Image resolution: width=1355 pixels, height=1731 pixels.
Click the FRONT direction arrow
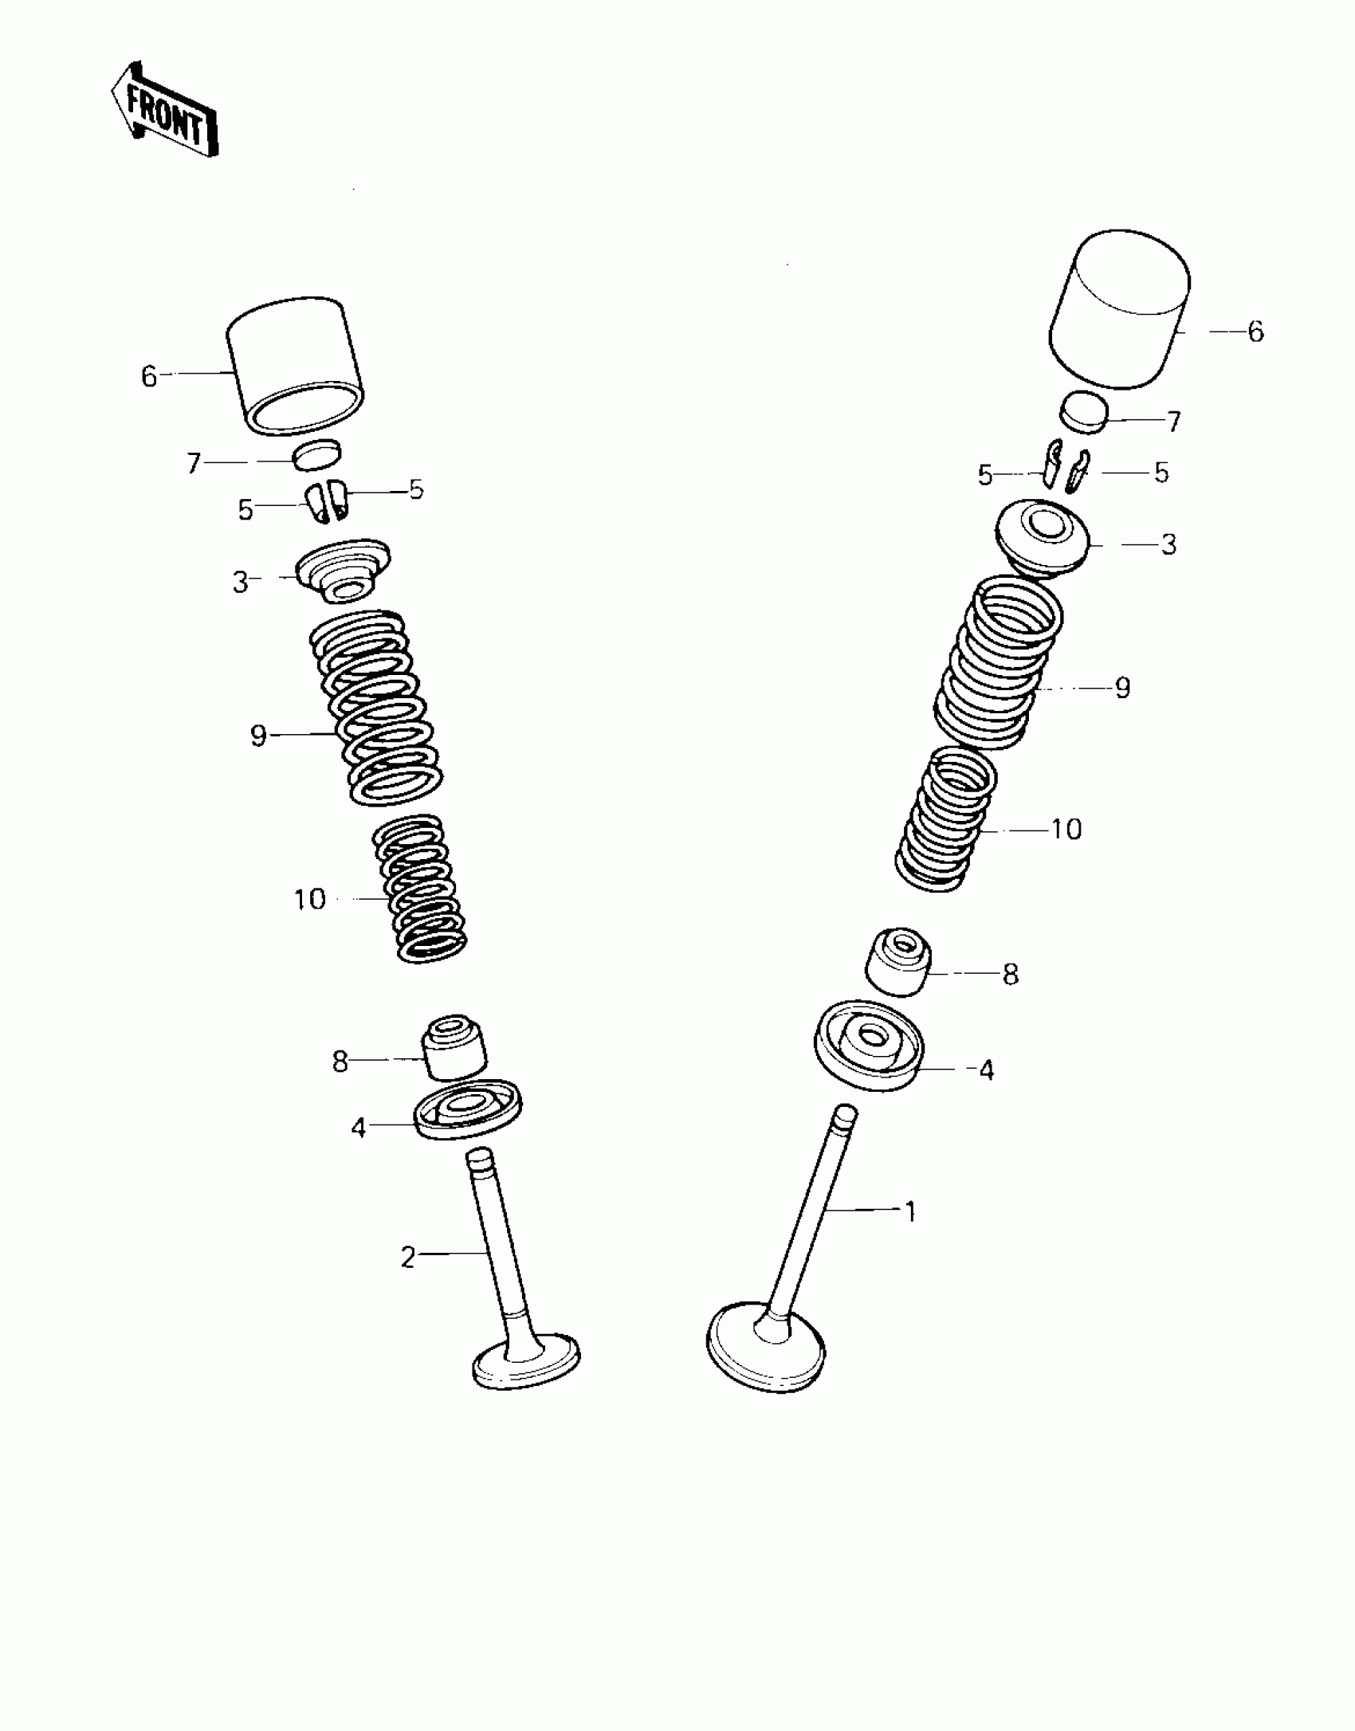pyautogui.click(x=164, y=110)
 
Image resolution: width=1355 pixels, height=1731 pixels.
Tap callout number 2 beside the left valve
pyautogui.click(x=408, y=1258)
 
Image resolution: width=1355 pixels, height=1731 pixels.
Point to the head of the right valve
pyautogui.click(x=765, y=1347)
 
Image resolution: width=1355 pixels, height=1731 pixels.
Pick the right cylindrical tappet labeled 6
pyautogui.click(x=1120, y=311)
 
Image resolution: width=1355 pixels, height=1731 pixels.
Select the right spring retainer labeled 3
pyautogui.click(x=1043, y=536)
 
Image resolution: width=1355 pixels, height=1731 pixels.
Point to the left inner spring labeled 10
pyautogui.click(x=420, y=889)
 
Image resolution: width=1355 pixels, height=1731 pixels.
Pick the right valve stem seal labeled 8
pyautogui.click(x=898, y=961)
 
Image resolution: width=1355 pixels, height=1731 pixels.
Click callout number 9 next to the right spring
pyautogui.click(x=1122, y=687)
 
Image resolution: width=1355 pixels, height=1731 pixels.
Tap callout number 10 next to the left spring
pyautogui.click(x=310, y=900)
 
